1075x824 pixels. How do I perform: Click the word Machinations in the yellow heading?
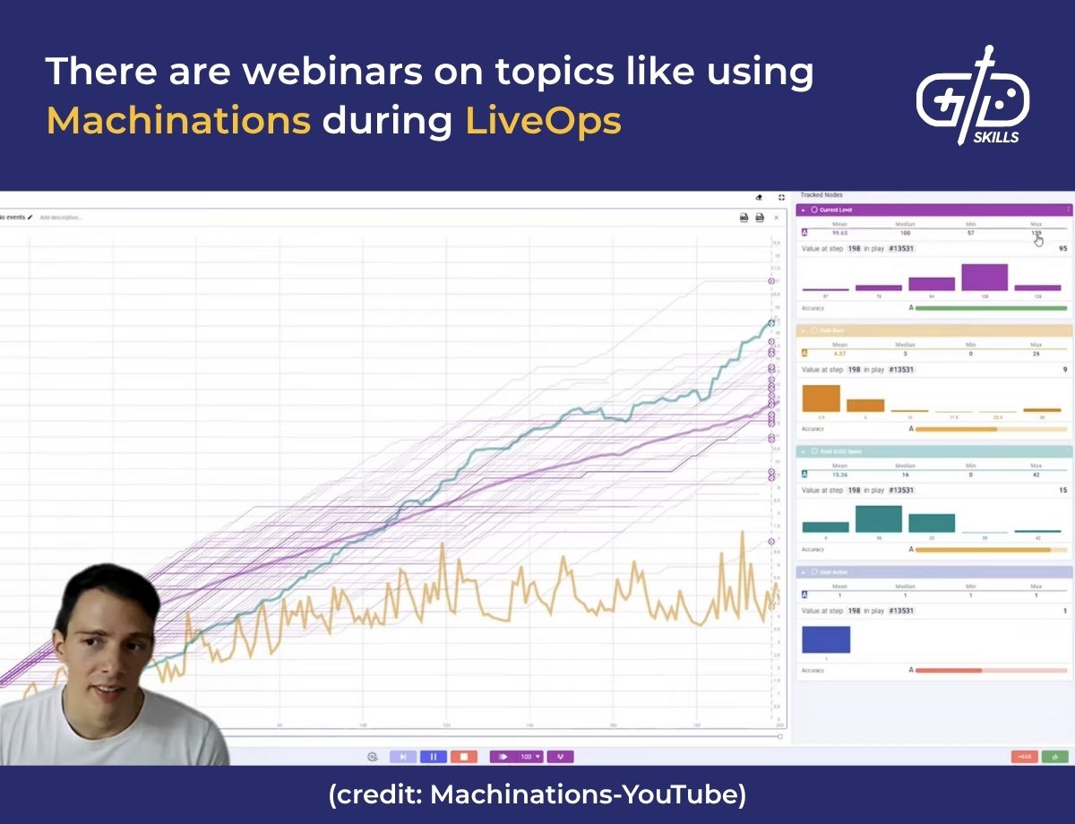tap(178, 120)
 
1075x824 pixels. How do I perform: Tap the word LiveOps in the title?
tap(543, 120)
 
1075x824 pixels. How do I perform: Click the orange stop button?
tap(463, 757)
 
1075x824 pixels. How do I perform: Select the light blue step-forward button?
tap(402, 757)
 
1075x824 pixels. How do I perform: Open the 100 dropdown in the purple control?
tap(531, 757)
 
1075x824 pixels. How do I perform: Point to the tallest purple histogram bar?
tap(985, 278)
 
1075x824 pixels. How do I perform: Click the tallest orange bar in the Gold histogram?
tap(821, 399)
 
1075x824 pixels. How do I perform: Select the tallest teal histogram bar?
tap(879, 519)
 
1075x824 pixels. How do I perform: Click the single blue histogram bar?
tap(825, 639)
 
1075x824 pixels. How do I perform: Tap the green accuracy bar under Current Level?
tap(991, 308)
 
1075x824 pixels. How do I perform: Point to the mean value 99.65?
tap(839, 233)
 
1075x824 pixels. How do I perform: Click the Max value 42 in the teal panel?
tap(1036, 474)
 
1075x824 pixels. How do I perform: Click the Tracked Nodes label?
tap(821, 195)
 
